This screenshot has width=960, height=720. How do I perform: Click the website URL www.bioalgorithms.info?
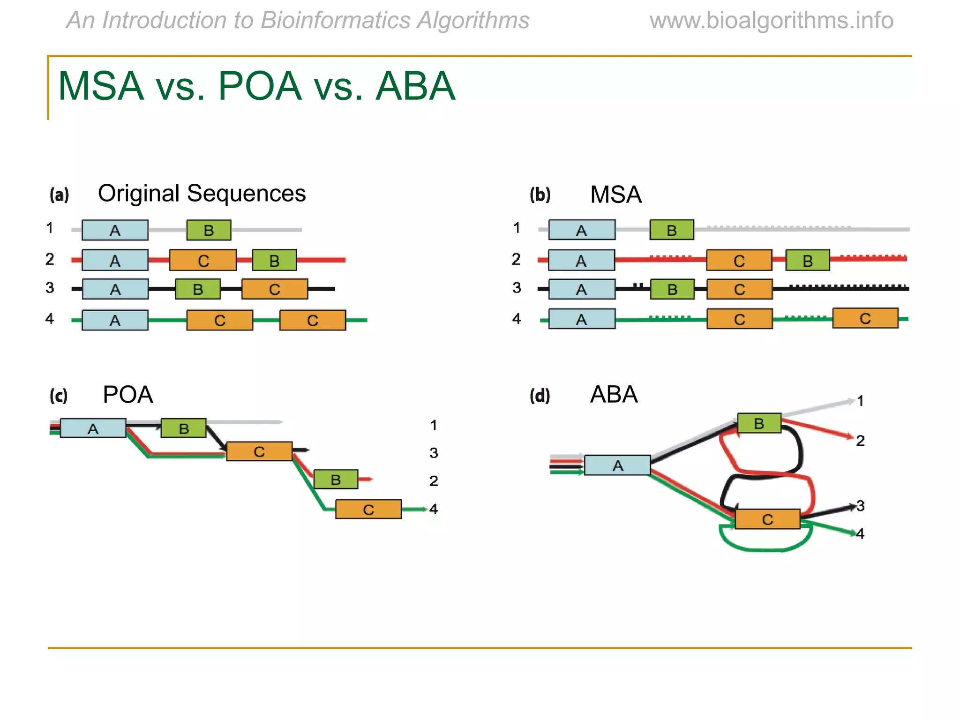coord(771,21)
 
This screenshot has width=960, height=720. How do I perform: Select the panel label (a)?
coord(59,195)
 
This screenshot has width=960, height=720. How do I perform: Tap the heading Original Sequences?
coord(202,194)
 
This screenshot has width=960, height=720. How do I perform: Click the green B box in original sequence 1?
coord(209,230)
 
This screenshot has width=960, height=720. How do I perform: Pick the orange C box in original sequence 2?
coord(202,260)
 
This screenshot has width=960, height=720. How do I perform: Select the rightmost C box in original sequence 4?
coord(312,320)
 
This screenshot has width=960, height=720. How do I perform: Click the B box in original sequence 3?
coord(198,289)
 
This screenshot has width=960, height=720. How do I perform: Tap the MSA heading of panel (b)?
coord(615,195)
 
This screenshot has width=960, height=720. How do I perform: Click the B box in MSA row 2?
coord(807,260)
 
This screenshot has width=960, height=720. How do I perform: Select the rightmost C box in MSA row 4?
coord(865,318)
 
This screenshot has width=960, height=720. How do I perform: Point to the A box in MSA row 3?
coord(581,289)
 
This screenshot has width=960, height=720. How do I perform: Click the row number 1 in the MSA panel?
coord(517,228)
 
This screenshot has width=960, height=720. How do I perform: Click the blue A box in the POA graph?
coord(93,428)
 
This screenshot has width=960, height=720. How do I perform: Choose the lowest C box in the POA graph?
coord(368,510)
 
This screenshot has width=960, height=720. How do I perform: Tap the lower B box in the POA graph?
coord(336,480)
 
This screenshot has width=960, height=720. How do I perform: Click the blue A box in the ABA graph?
coord(617,465)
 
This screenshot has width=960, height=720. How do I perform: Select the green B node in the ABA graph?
coord(759,423)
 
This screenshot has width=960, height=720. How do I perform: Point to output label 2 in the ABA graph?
coord(860,441)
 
